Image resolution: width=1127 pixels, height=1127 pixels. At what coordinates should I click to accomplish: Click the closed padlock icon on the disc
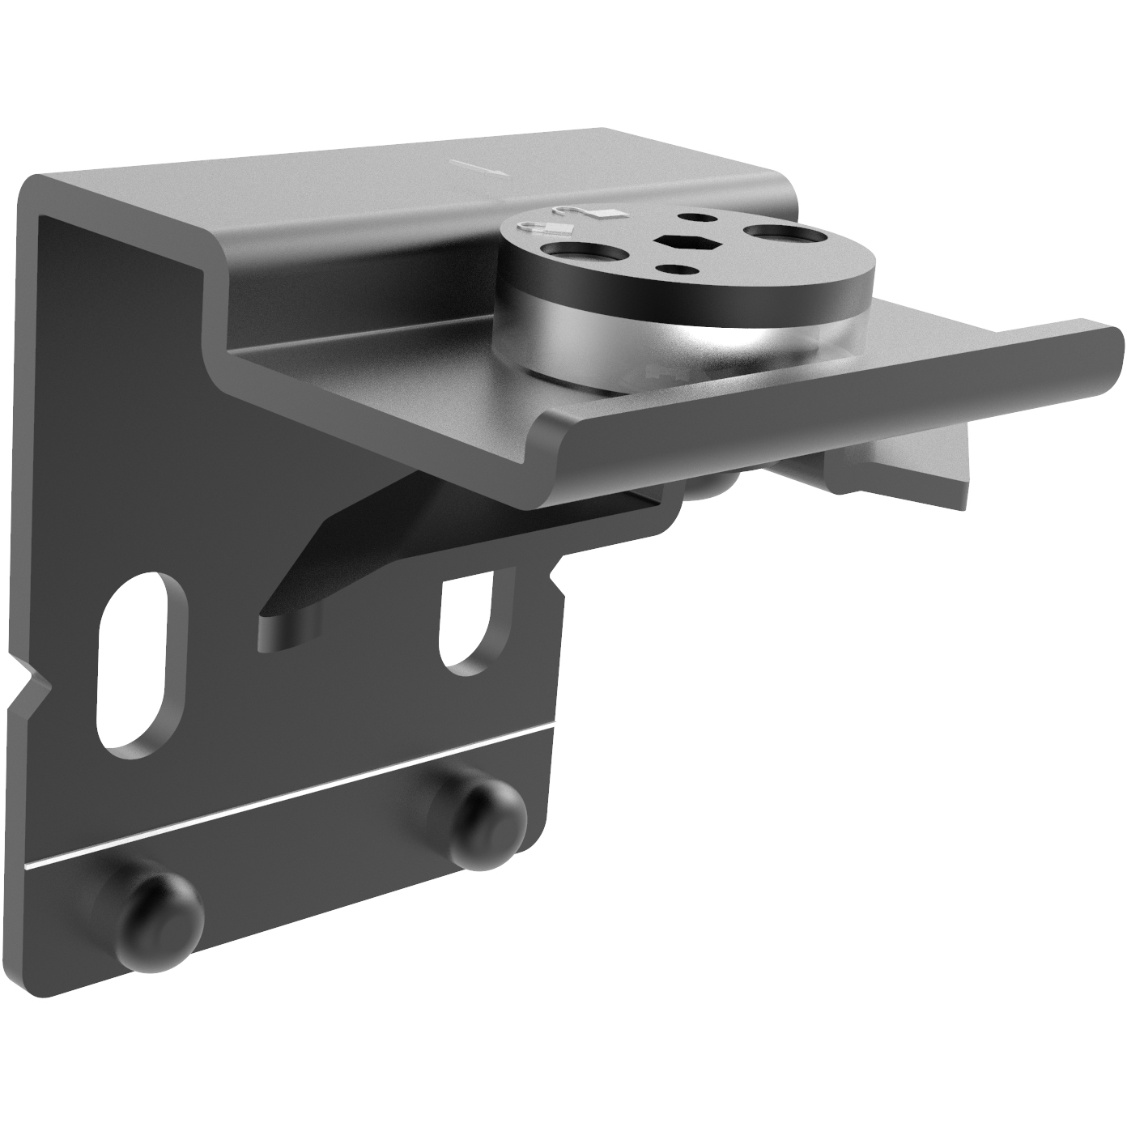tap(534, 228)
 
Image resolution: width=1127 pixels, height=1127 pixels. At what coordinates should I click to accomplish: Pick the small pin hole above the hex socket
tap(694, 217)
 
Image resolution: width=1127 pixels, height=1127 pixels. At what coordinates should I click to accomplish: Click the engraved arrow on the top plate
tap(478, 168)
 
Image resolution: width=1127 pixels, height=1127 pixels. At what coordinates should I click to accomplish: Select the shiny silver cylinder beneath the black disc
tap(615, 340)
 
